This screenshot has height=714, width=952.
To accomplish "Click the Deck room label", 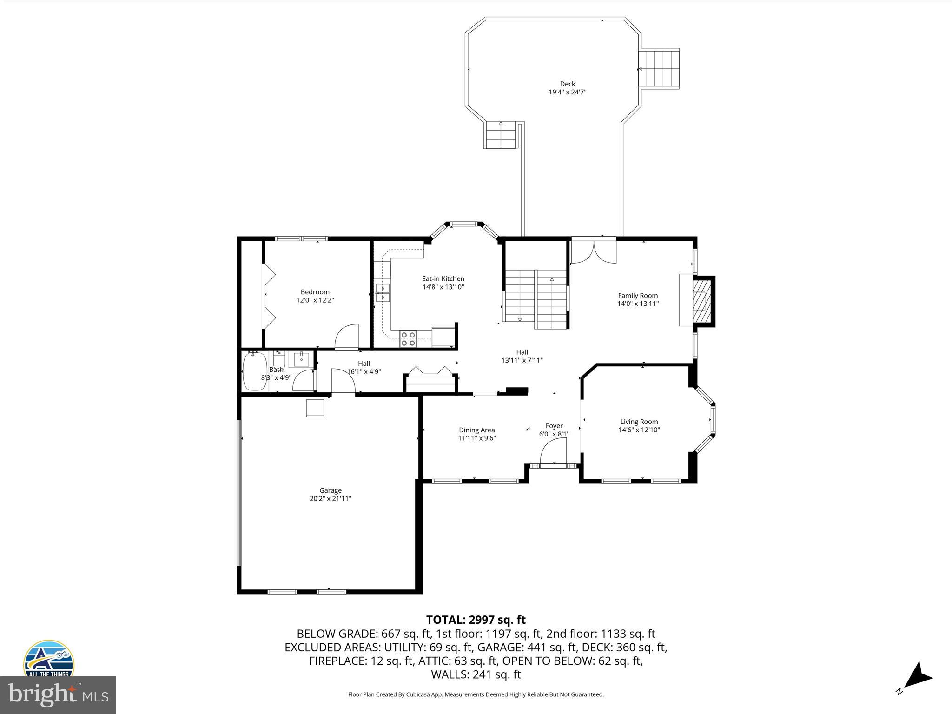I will pyautogui.click(x=567, y=84).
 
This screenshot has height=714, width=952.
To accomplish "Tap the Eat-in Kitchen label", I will pyautogui.click(x=443, y=278).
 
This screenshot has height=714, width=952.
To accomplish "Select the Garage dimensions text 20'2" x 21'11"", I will pyautogui.click(x=330, y=498).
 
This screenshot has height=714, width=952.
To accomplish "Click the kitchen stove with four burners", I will pyautogui.click(x=409, y=338).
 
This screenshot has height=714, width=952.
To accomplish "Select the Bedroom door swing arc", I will pyautogui.click(x=347, y=336).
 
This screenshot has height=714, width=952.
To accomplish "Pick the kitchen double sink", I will pyautogui.click(x=383, y=292).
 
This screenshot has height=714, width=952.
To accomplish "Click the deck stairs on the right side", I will pyautogui.click(x=659, y=68).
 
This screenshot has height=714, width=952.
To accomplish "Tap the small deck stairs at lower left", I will pyautogui.click(x=501, y=135).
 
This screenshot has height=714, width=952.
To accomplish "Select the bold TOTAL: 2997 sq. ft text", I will pyautogui.click(x=476, y=620).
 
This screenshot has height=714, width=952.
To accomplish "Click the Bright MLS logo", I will pyautogui.click(x=58, y=695).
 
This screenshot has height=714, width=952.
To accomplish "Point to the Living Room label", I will pyautogui.click(x=639, y=422).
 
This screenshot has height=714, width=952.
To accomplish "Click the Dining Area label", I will pyautogui.click(x=476, y=430).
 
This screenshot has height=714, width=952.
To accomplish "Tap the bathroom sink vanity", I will pyautogui.click(x=301, y=359).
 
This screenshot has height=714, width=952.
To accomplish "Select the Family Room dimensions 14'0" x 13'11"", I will pyautogui.click(x=638, y=304).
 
